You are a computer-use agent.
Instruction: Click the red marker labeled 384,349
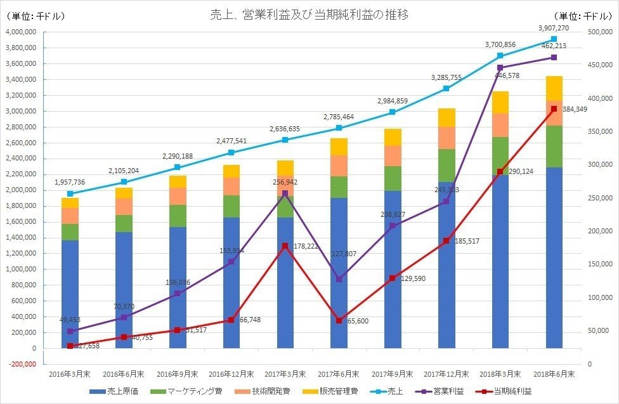[x=554, y=109]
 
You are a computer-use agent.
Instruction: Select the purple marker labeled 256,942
[x=285, y=193]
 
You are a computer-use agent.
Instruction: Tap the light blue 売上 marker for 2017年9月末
[x=393, y=112]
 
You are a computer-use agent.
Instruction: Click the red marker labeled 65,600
[x=339, y=320]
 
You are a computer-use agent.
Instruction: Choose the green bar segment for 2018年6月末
[x=554, y=147]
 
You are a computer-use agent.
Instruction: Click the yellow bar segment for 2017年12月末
[x=446, y=117]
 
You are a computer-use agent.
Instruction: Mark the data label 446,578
[x=514, y=75]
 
